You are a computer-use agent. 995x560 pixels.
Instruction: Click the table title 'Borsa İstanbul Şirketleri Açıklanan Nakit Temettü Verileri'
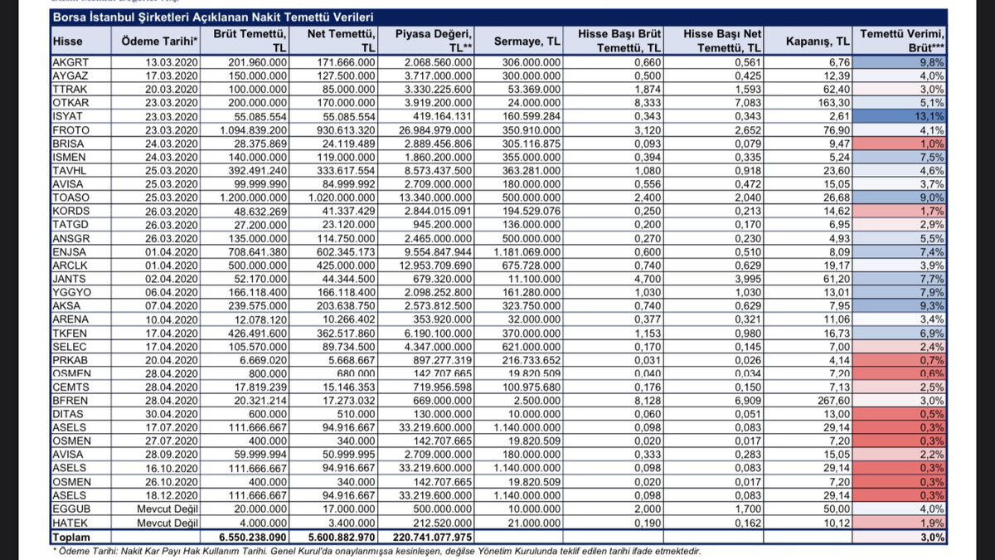tap(213, 16)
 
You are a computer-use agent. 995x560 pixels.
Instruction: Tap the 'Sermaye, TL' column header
tap(527, 41)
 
